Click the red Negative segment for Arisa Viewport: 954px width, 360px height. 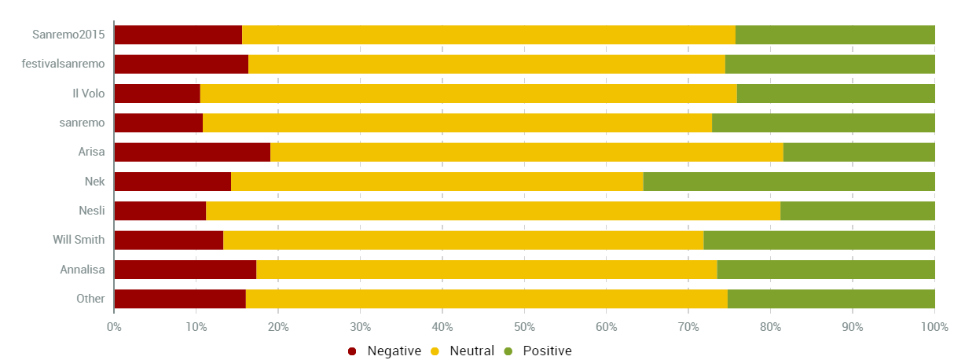pos(192,152)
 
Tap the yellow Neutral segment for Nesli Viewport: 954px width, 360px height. pos(493,211)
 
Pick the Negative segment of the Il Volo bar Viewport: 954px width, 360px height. pos(157,94)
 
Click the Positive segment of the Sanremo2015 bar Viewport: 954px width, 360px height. pos(835,35)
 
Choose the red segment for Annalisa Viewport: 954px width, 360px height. pos(185,270)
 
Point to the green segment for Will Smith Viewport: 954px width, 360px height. pos(819,241)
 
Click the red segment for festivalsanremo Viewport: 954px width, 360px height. pos(181,64)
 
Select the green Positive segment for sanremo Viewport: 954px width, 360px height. pos(824,123)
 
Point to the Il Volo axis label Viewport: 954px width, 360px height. pos(88,94)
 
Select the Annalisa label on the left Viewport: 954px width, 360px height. pos(77,270)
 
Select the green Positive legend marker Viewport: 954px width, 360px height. pos(508,351)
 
